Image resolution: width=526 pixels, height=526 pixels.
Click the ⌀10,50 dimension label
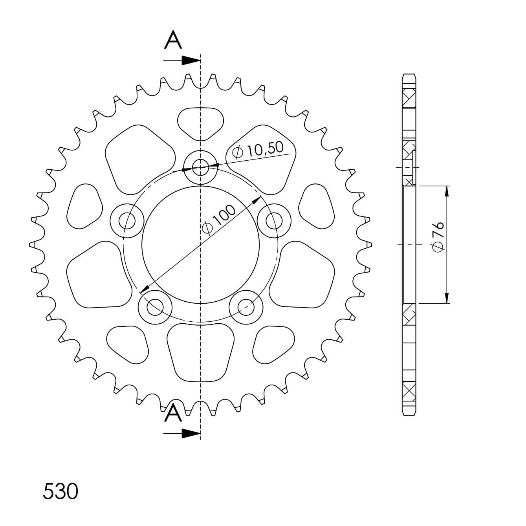coord(258,150)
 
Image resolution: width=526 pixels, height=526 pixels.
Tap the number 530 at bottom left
coord(60,491)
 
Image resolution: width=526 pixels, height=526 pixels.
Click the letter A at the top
coord(173,40)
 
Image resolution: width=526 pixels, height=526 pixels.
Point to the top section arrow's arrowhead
coord(191,60)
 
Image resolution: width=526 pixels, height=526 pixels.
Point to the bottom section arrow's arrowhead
coord(191,433)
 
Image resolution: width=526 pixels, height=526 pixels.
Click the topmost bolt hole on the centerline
coord(201,167)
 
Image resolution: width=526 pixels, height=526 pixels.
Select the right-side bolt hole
coord(274,220)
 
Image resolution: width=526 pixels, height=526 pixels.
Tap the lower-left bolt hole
coord(155,307)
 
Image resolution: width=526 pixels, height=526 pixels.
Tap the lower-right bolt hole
coord(246,307)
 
